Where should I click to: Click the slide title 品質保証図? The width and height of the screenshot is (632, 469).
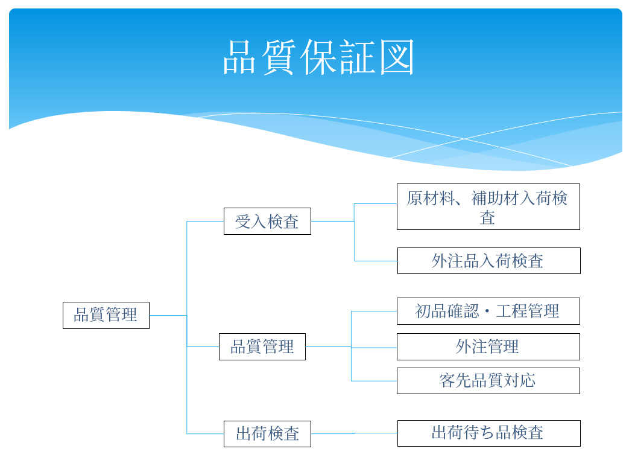pos(318,58)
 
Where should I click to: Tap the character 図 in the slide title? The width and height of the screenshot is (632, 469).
pos(397,58)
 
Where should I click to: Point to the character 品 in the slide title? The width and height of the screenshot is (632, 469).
pos(240,58)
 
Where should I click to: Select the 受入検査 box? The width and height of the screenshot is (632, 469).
pos(267,221)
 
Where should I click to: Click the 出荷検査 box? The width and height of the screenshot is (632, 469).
pos(267,433)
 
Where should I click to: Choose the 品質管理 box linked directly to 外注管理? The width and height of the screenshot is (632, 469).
pos(262,346)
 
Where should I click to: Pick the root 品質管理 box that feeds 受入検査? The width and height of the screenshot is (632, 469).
pos(106,315)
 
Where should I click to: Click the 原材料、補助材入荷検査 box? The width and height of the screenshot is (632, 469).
pos(488,206)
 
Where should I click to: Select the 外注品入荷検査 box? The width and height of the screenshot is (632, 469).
pos(488,260)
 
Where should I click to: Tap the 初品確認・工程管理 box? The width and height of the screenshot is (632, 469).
pos(488,311)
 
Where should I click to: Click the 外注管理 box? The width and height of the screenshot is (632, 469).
pos(488,346)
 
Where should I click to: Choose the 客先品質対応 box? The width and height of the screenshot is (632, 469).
pos(488,380)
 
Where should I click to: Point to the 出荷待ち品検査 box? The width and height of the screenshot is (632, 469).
pos(488,433)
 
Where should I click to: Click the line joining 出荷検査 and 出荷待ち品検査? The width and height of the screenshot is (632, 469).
pos(354,433)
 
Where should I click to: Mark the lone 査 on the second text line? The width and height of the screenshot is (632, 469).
pos(487,217)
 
